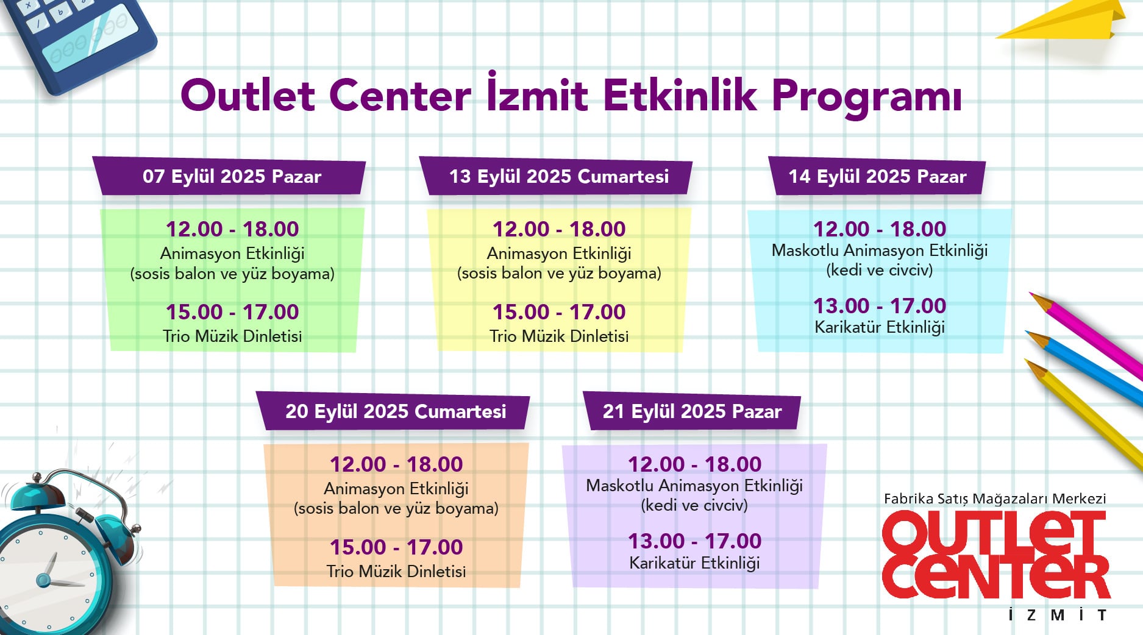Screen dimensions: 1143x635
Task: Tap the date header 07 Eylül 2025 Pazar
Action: click(232, 177)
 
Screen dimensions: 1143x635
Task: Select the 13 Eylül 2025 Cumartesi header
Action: click(559, 177)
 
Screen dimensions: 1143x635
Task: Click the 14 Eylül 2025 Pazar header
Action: click(877, 177)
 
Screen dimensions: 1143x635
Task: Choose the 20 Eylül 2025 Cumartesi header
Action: click(396, 411)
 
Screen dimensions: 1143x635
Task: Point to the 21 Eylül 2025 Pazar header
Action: click(692, 411)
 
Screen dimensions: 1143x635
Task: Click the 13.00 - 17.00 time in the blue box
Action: click(880, 305)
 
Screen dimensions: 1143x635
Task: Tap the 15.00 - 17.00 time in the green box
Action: click(232, 311)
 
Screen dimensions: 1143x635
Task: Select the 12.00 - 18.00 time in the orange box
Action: click(396, 464)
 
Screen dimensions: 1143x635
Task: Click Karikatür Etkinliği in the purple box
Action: click(694, 562)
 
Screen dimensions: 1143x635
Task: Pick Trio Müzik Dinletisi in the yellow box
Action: click(559, 336)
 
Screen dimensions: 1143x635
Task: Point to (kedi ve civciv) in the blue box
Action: click(880, 270)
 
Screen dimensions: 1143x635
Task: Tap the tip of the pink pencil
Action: click(1030, 294)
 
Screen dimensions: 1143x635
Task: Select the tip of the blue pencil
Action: click(1027, 332)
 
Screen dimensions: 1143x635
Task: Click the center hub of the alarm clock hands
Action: click(43, 580)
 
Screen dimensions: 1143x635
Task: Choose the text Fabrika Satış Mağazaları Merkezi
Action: click(995, 498)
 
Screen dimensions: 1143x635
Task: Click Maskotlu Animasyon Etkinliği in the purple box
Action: click(694, 486)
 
